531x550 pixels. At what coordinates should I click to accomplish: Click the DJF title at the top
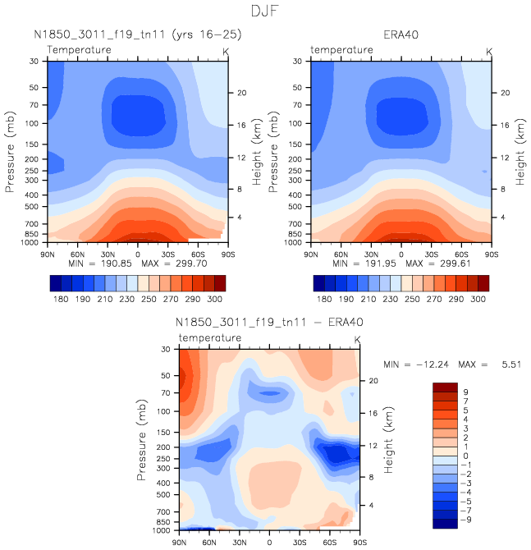pyautogui.click(x=265, y=11)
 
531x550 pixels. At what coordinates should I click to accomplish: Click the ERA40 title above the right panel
pyautogui.click(x=401, y=35)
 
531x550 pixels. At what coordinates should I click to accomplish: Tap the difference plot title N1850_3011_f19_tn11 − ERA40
pyautogui.click(x=268, y=323)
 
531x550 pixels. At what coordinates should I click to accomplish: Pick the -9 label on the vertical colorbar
pyautogui.click(x=465, y=520)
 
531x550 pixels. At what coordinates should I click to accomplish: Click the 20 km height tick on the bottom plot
pyautogui.click(x=370, y=381)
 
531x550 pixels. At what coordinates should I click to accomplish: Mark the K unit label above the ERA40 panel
pyautogui.click(x=490, y=51)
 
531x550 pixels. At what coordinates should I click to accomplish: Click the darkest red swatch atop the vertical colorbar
pyautogui.click(x=445, y=387)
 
